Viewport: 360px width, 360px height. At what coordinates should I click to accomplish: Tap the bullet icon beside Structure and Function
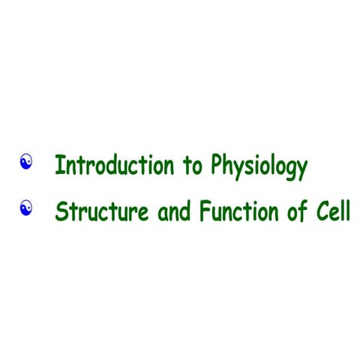[x=27, y=205]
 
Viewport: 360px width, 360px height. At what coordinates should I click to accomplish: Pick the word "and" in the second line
[x=175, y=212]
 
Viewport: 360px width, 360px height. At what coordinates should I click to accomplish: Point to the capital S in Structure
[x=61, y=212]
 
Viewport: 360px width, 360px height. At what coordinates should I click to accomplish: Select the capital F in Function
[x=205, y=212]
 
